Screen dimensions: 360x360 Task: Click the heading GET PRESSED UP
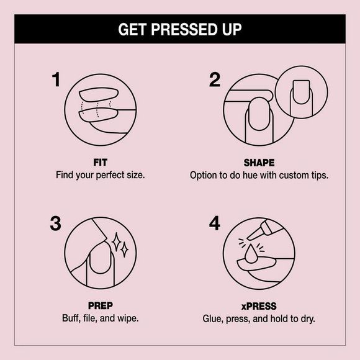(179, 30)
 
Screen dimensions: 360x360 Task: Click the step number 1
(56, 81)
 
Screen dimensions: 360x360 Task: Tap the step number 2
(215, 81)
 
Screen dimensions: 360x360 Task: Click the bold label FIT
(100, 163)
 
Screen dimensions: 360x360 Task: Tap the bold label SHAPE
(259, 163)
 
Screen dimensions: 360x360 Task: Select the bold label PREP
(100, 306)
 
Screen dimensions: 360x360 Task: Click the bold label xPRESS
(259, 306)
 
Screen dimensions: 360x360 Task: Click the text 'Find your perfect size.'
(100, 175)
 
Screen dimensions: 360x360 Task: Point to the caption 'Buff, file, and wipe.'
(100, 318)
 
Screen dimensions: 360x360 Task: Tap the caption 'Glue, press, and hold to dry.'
(259, 318)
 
